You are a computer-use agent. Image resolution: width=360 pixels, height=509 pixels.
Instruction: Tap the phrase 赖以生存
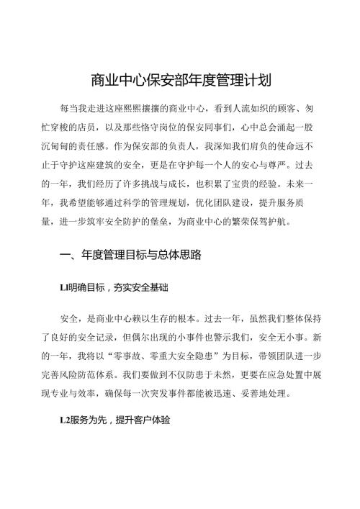(x=156, y=318)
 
